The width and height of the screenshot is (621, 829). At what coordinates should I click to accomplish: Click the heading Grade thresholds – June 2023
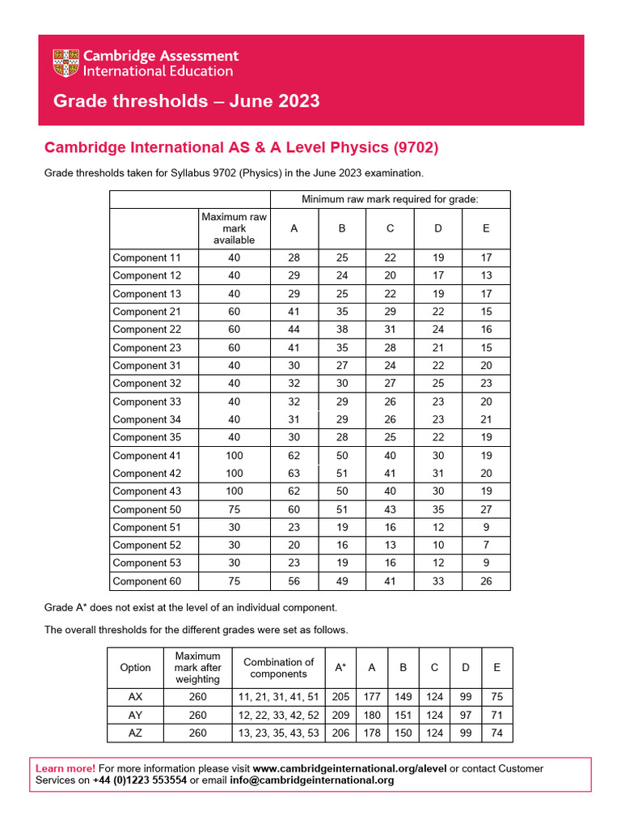tap(186, 101)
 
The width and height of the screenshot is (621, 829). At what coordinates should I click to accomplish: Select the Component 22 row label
tap(146, 329)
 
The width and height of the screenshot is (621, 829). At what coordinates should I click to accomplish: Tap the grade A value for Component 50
tap(294, 509)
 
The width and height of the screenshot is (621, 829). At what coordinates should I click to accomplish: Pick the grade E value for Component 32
tap(485, 384)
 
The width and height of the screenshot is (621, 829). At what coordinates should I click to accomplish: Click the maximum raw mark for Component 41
tap(234, 456)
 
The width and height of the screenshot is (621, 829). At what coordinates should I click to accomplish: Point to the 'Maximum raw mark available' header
tap(234, 228)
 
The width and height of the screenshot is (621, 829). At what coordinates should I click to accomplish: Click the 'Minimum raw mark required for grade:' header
tap(390, 199)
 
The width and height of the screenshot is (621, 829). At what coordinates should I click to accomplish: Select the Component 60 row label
tap(146, 581)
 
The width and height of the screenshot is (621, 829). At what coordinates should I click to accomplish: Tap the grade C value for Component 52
tap(390, 546)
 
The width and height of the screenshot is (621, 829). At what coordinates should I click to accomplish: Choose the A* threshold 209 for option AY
tap(340, 715)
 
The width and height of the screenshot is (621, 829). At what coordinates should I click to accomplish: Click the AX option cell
tap(135, 697)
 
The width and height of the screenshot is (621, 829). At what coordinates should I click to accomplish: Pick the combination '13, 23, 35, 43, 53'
tap(278, 733)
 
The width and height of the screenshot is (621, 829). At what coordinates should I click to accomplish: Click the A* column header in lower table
tap(340, 668)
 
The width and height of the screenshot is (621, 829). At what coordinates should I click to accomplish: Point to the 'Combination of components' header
tap(278, 668)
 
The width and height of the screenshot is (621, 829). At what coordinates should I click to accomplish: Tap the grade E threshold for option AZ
tap(496, 733)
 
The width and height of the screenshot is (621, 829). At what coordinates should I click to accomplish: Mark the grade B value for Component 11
tap(342, 257)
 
